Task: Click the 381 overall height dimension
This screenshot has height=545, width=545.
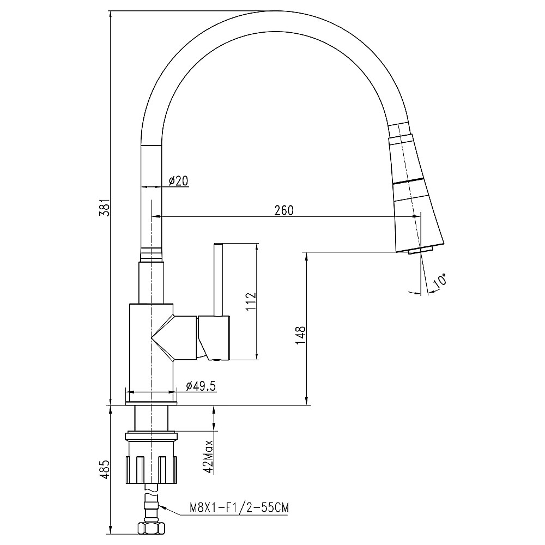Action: [107, 208]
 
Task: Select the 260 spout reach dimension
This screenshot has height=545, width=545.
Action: [284, 210]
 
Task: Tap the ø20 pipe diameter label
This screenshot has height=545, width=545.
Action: [179, 181]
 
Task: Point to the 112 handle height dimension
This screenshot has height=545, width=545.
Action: [250, 301]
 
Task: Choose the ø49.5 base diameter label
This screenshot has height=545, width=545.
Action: [201, 386]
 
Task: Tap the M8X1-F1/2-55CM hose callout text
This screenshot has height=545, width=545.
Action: [239, 508]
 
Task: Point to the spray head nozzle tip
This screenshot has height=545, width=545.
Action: [420, 250]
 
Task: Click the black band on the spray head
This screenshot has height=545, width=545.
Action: [409, 181]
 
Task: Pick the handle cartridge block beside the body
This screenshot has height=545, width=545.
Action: [214, 337]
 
